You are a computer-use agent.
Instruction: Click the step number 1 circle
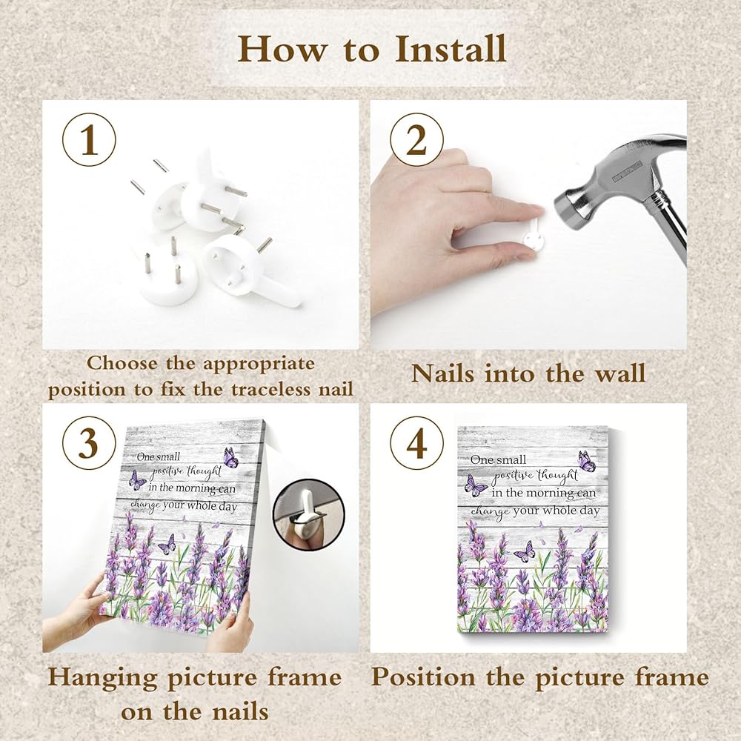point(89,139)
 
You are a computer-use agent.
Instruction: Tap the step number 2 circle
point(416,139)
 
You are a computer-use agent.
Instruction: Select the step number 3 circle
point(89,443)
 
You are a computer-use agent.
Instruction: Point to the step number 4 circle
point(416,443)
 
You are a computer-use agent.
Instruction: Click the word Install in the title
point(451,49)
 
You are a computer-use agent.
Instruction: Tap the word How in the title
point(282,49)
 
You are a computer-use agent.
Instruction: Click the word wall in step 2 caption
point(619,373)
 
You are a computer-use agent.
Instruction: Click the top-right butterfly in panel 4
point(586,461)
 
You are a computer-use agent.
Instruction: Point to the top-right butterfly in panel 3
point(230,457)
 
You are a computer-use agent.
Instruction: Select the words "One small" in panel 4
point(498,459)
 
